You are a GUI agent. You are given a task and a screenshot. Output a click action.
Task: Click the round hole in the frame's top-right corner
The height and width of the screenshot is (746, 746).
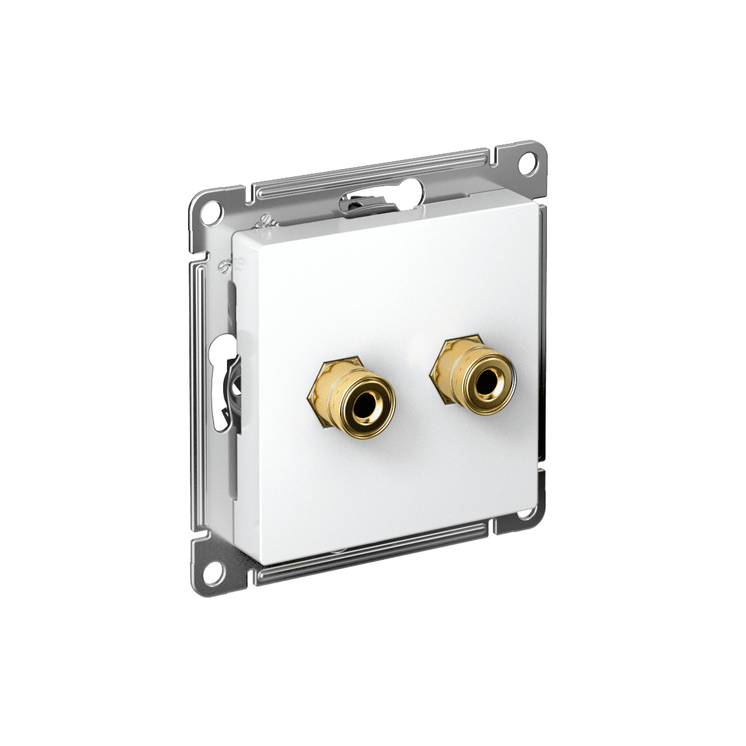coord(531,158)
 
